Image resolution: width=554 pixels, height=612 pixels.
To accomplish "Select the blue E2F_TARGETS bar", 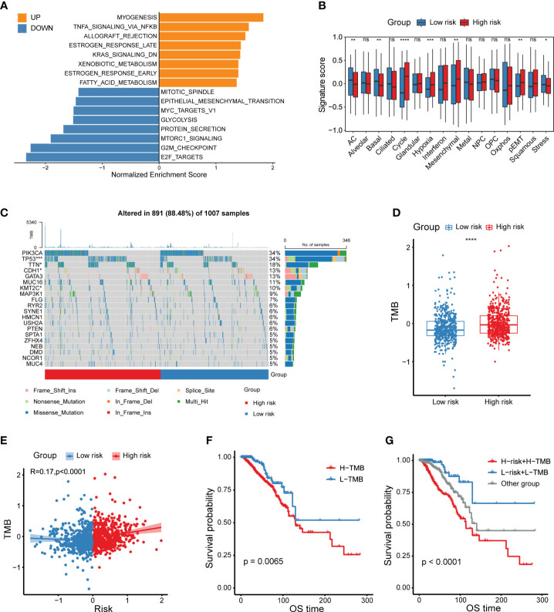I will [92, 157].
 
